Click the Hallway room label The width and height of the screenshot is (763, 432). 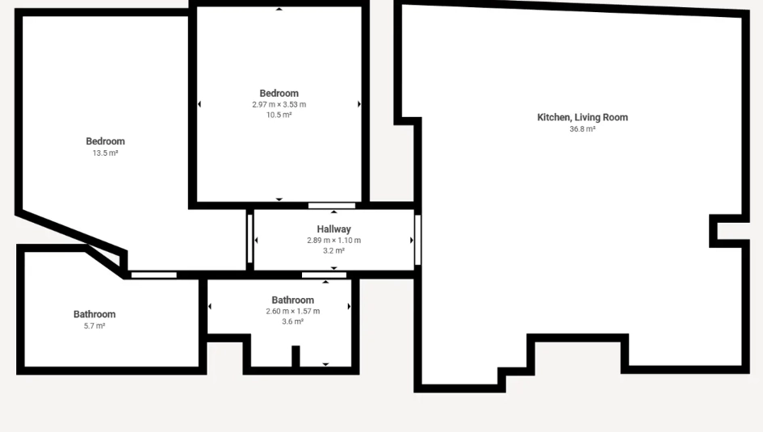[x=333, y=229]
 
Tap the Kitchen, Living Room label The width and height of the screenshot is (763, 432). [x=582, y=117]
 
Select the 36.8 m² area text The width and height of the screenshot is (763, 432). [x=582, y=129]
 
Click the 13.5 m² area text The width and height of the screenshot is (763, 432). [x=106, y=153]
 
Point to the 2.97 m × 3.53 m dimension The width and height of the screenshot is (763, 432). [x=279, y=105]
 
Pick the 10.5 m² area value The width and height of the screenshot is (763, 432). [x=279, y=115]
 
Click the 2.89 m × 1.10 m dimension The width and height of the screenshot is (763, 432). [x=333, y=241]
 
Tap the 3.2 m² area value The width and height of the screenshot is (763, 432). [x=333, y=251]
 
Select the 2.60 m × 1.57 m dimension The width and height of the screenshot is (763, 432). [x=293, y=312]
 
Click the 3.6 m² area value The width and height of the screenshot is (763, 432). [x=293, y=321]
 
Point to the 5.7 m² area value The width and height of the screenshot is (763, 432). [x=94, y=326]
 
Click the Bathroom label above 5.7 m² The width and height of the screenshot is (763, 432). [x=94, y=314]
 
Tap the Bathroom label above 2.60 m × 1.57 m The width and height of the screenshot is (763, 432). [x=293, y=300]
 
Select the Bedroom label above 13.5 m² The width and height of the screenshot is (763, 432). [x=106, y=141]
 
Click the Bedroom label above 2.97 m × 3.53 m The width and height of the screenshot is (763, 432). [x=279, y=94]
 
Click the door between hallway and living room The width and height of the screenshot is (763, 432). [x=417, y=240]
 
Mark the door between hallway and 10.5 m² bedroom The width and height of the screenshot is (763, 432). [x=332, y=206]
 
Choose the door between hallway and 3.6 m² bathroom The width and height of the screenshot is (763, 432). [x=324, y=275]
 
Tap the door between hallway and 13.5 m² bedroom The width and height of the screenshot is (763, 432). [x=250, y=239]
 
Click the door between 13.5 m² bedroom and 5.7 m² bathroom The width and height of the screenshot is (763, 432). [x=153, y=275]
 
